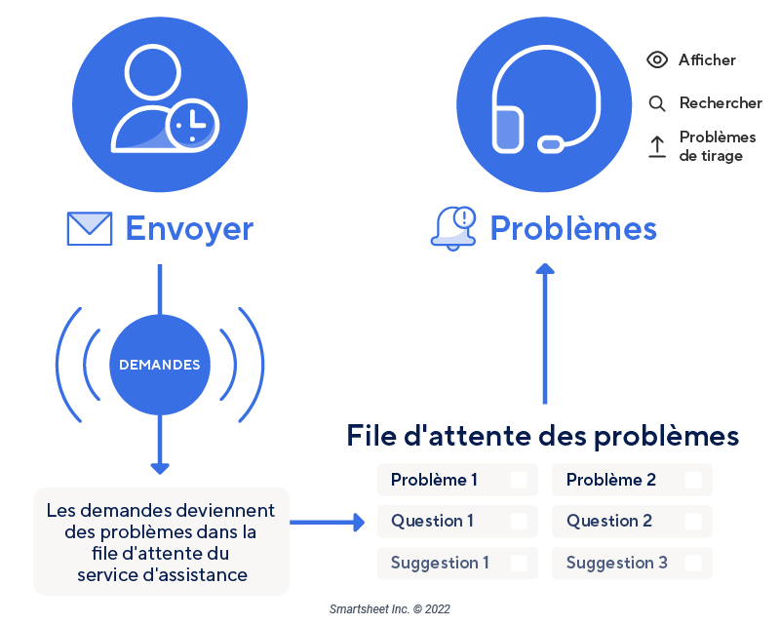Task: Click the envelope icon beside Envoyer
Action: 89,228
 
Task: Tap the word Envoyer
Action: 189,228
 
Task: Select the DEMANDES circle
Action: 159,365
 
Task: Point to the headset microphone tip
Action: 551,144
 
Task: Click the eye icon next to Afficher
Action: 658,60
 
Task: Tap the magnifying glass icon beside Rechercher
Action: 658,103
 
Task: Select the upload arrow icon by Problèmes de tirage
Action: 658,146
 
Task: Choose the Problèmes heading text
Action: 572,228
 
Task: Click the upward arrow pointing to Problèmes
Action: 545,332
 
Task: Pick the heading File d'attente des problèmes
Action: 543,435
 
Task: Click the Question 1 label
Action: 432,521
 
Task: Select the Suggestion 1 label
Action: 440,563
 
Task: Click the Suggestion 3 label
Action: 616,563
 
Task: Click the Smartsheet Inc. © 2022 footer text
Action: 390,608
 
